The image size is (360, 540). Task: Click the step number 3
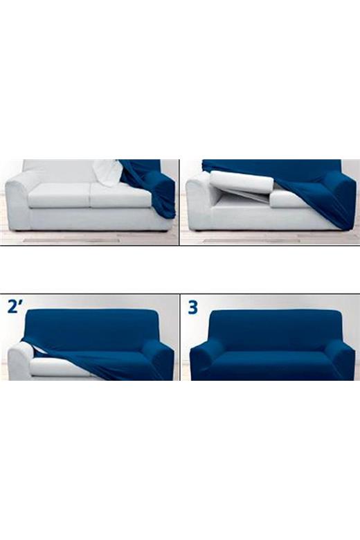pyautogui.click(x=193, y=307)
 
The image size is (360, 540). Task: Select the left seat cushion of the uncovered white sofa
pyautogui.click(x=60, y=195)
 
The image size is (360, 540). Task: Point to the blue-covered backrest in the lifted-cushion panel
pyautogui.click(x=272, y=170)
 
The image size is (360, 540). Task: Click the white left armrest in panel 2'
pyautogui.click(x=21, y=361)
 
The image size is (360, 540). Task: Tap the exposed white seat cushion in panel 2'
pyautogui.click(x=59, y=367)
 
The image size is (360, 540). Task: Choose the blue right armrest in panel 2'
pyautogui.click(x=159, y=360)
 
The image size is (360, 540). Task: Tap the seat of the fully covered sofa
pyautogui.click(x=273, y=366)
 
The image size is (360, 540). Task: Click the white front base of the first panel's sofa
pyautogui.click(x=100, y=219)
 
